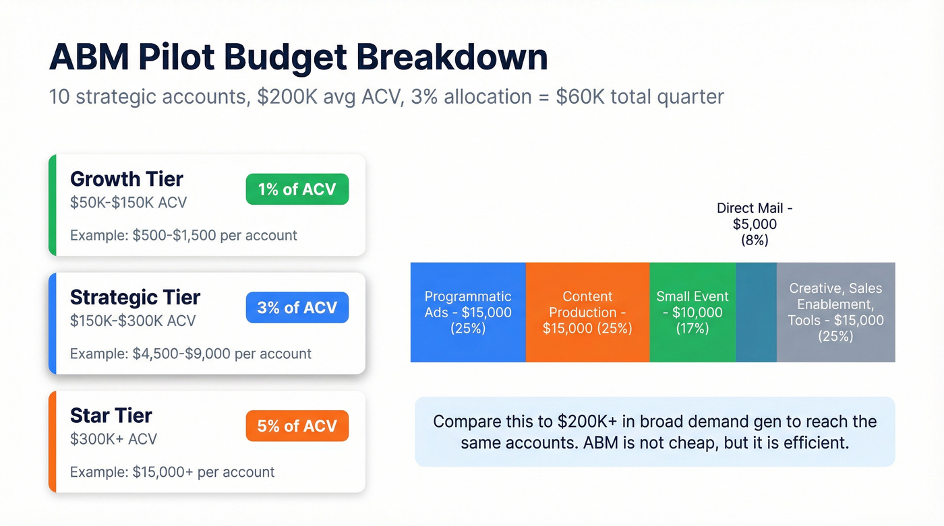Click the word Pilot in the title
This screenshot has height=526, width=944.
pos(179,58)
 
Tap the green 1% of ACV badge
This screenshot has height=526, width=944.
pos(297,189)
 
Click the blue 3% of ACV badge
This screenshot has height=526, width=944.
pos(297,307)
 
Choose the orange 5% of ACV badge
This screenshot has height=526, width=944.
pos(297,426)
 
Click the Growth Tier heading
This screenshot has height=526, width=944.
pos(127,179)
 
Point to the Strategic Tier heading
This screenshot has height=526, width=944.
pos(136,297)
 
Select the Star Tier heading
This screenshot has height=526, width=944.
pos(111,415)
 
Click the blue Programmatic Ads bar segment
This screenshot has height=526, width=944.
pos(468,313)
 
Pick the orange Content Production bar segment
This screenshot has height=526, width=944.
pos(587,313)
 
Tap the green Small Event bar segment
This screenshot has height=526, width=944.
pos(692,313)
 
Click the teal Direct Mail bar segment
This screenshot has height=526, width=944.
pos(756,313)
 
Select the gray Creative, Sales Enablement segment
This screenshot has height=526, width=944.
pos(835,313)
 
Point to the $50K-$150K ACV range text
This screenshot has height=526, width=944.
pos(129,203)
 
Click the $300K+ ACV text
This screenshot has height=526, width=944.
pos(113,439)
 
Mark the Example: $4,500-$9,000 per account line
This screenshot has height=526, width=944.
pos(191,354)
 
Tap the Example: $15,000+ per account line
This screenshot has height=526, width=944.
pos(173,472)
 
